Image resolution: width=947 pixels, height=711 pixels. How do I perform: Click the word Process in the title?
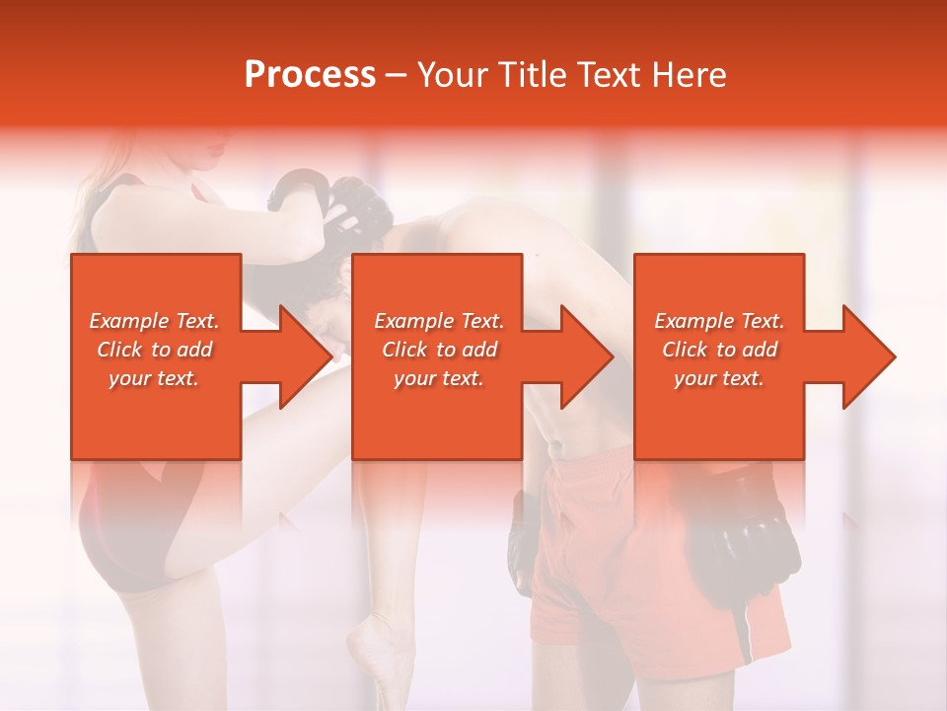(x=310, y=75)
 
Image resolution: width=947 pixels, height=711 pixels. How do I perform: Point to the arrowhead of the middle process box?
(x=585, y=356)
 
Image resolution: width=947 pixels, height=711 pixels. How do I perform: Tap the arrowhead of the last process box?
(x=867, y=356)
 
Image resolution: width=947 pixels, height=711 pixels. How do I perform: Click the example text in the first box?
(x=155, y=350)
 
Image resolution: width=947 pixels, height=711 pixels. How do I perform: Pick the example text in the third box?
(x=719, y=350)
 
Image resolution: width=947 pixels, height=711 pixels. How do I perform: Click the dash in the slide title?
(x=396, y=75)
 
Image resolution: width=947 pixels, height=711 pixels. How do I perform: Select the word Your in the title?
(x=454, y=75)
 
